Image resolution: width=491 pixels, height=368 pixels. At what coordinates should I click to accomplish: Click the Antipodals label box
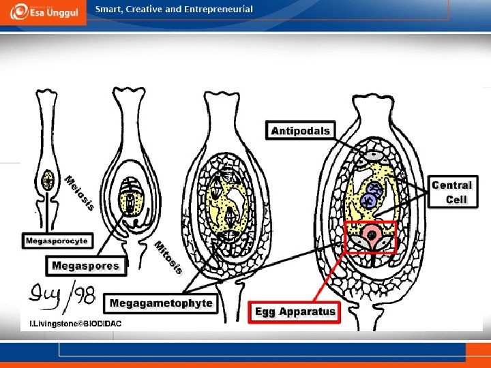pyautogui.click(x=301, y=131)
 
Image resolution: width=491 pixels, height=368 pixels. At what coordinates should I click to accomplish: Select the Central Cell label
pyautogui.click(x=452, y=192)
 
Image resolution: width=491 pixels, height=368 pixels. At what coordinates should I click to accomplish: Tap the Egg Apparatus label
pyautogui.click(x=295, y=312)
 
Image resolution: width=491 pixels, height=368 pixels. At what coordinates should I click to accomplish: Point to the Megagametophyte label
pyautogui.click(x=162, y=303)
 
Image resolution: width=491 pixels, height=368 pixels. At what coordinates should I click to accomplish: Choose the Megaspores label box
pyautogui.click(x=85, y=266)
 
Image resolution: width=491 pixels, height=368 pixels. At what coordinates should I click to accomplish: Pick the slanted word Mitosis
pyautogui.click(x=168, y=258)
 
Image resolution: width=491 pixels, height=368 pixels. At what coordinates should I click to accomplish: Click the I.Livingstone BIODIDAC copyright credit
pyautogui.click(x=74, y=324)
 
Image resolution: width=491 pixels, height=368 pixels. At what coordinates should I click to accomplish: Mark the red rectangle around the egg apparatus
pyautogui.click(x=370, y=237)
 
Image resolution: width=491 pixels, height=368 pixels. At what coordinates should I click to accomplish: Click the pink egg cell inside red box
pyautogui.click(x=372, y=234)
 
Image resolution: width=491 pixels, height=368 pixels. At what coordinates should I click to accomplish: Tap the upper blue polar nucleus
pyautogui.click(x=374, y=190)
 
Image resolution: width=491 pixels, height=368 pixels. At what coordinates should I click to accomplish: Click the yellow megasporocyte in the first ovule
pyautogui.click(x=48, y=181)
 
